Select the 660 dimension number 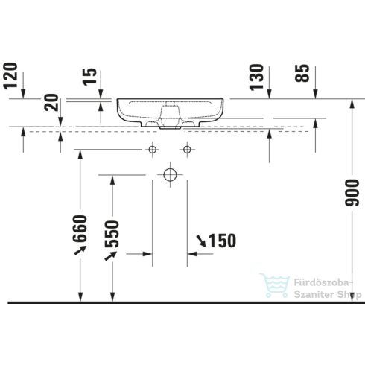tap(81, 229)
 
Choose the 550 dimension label tap(112, 235)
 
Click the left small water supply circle tap(153, 150)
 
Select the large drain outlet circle tap(169, 175)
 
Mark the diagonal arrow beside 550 tap(112, 256)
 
